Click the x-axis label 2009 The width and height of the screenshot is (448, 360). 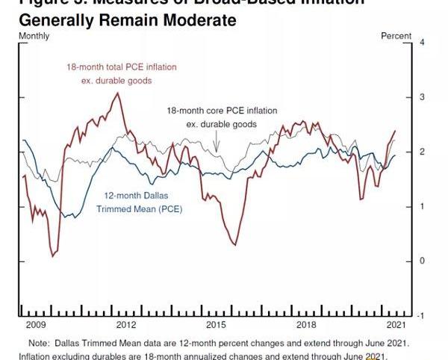click(x=36, y=326)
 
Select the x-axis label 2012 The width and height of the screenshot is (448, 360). click(x=125, y=326)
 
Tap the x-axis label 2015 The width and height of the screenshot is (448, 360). click(x=216, y=326)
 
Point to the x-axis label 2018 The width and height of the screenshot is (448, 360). click(x=306, y=326)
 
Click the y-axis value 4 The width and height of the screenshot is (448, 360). click(x=422, y=42)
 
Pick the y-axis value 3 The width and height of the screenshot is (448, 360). click(x=422, y=97)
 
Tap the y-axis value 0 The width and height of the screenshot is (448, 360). click(x=422, y=261)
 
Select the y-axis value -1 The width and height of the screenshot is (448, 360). click(x=421, y=316)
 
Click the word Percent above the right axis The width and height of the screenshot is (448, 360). click(x=396, y=36)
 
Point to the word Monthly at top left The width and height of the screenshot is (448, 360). click(x=34, y=36)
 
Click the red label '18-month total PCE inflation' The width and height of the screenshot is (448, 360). click(x=122, y=67)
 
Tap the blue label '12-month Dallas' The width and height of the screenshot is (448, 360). click(x=138, y=196)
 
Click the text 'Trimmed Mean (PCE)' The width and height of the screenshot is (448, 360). click(x=140, y=209)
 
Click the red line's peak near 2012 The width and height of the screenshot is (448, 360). click(x=117, y=93)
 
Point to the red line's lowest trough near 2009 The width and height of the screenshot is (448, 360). click(x=53, y=256)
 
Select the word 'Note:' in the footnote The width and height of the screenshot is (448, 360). click(x=39, y=343)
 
